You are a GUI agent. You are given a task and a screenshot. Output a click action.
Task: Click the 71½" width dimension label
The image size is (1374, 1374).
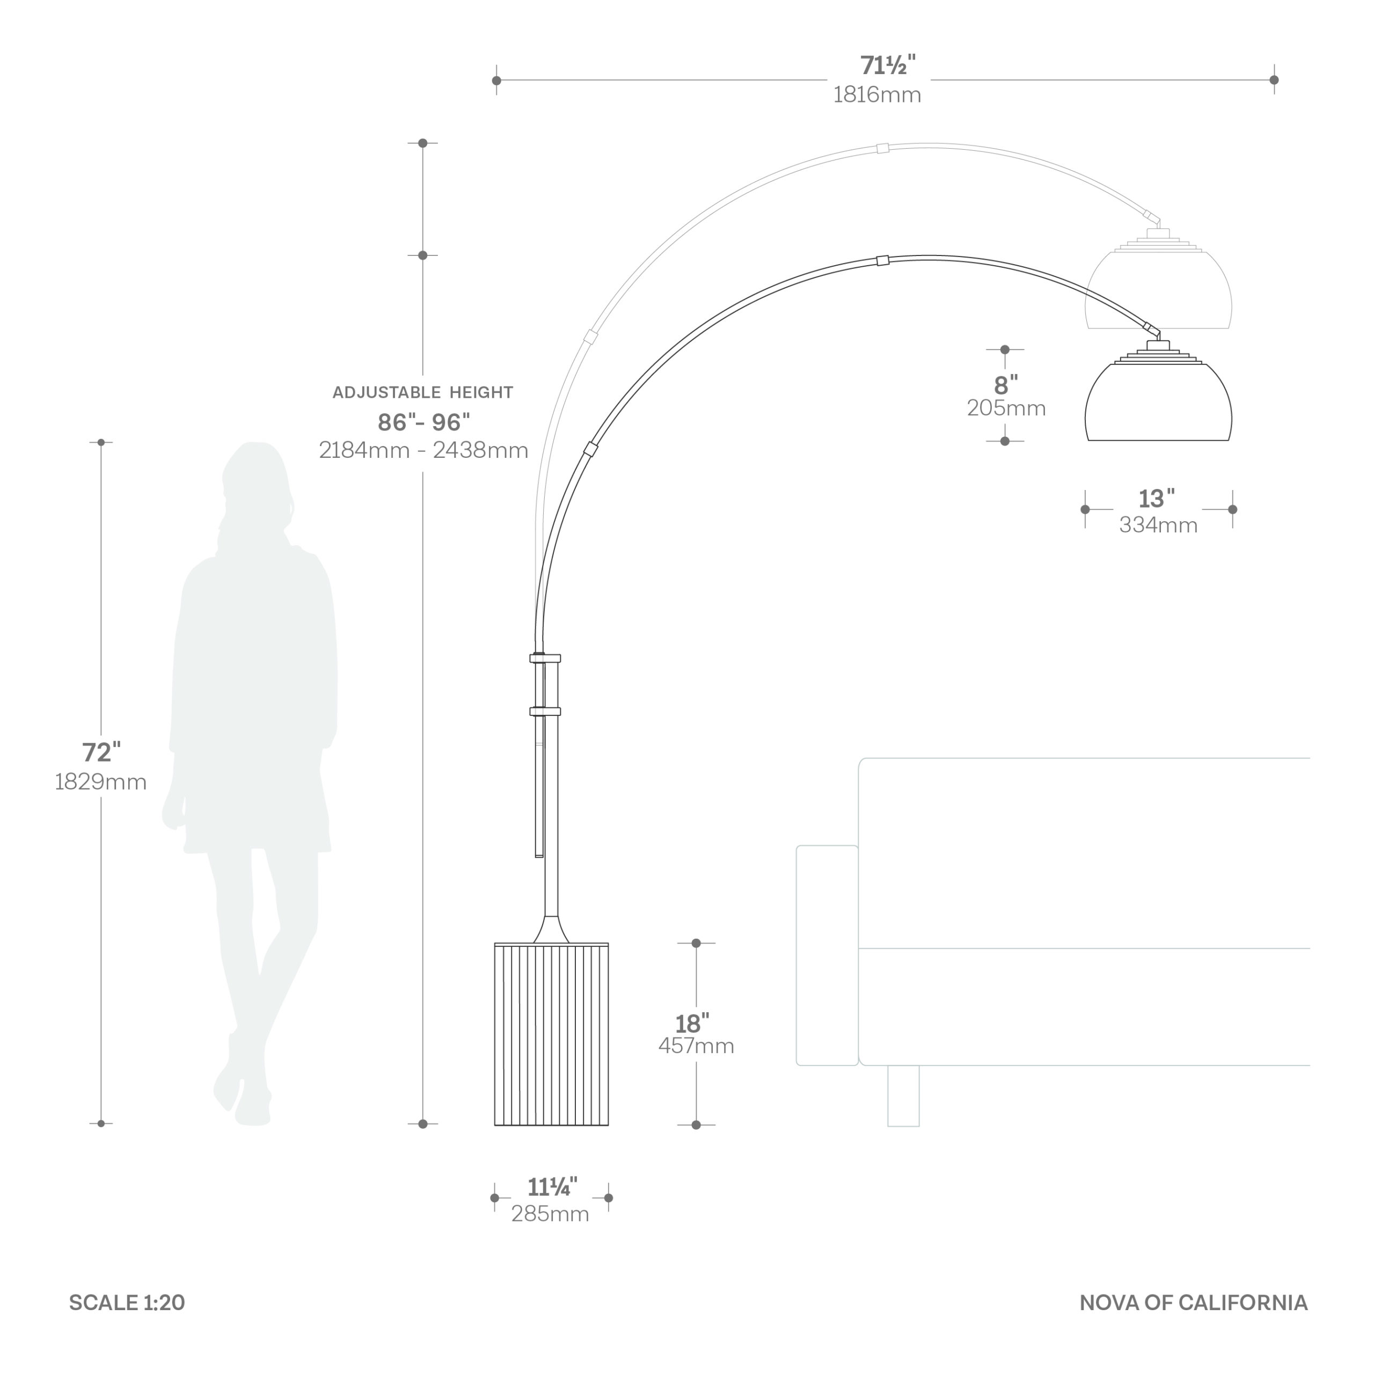pyautogui.click(x=888, y=65)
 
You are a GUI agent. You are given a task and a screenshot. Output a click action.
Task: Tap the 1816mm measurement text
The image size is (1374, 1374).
pyautogui.click(x=877, y=94)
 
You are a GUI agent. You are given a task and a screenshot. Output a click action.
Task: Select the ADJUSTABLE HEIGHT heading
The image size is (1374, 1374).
pyautogui.click(x=422, y=392)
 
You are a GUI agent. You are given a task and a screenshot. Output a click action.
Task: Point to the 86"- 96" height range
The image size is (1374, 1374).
pyautogui.click(x=424, y=422)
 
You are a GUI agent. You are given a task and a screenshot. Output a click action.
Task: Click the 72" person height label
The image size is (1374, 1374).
pyautogui.click(x=101, y=752)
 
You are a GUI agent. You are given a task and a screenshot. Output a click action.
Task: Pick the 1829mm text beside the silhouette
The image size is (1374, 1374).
pyautogui.click(x=101, y=783)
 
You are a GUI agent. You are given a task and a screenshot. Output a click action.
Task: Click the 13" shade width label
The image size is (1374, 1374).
pyautogui.click(x=1157, y=499)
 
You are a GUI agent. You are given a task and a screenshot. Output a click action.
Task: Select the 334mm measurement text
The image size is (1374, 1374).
pyautogui.click(x=1159, y=525)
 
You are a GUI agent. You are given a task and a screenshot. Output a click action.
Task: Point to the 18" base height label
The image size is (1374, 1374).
pyautogui.click(x=692, y=1024)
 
